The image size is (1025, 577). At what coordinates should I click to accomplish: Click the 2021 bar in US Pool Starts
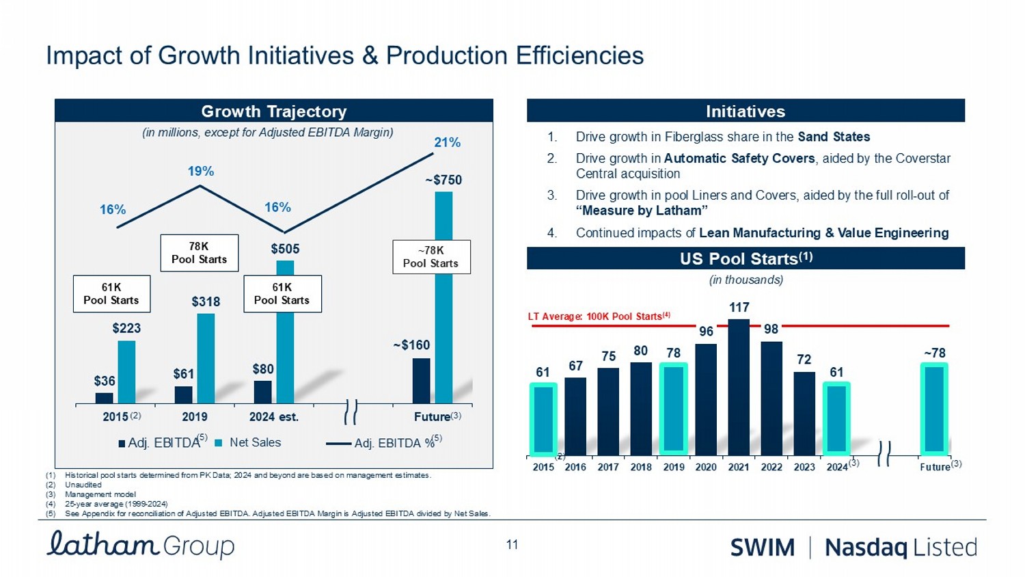(x=739, y=387)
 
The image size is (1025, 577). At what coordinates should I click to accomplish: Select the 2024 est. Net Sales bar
(x=285, y=332)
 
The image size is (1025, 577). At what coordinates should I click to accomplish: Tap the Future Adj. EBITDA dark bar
(x=421, y=381)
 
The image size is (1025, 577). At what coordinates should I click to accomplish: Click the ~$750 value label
(x=443, y=180)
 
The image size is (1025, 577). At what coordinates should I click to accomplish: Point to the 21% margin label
(x=448, y=142)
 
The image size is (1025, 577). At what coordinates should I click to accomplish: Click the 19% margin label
(x=201, y=171)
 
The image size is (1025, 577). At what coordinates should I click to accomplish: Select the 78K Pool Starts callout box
(x=199, y=253)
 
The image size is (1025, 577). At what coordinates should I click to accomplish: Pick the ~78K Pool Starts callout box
(x=431, y=257)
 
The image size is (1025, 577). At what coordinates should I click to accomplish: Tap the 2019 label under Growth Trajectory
(x=195, y=416)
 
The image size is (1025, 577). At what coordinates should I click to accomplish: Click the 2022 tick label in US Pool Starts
(x=771, y=467)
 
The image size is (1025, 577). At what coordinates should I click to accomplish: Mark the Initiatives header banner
(x=746, y=111)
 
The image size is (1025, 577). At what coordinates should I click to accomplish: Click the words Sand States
(x=834, y=137)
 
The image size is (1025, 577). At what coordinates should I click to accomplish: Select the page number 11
(x=512, y=545)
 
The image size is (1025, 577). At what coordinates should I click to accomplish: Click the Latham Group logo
(x=140, y=545)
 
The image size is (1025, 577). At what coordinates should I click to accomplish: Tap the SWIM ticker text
(x=762, y=548)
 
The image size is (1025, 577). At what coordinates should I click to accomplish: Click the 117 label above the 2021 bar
(x=739, y=308)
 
